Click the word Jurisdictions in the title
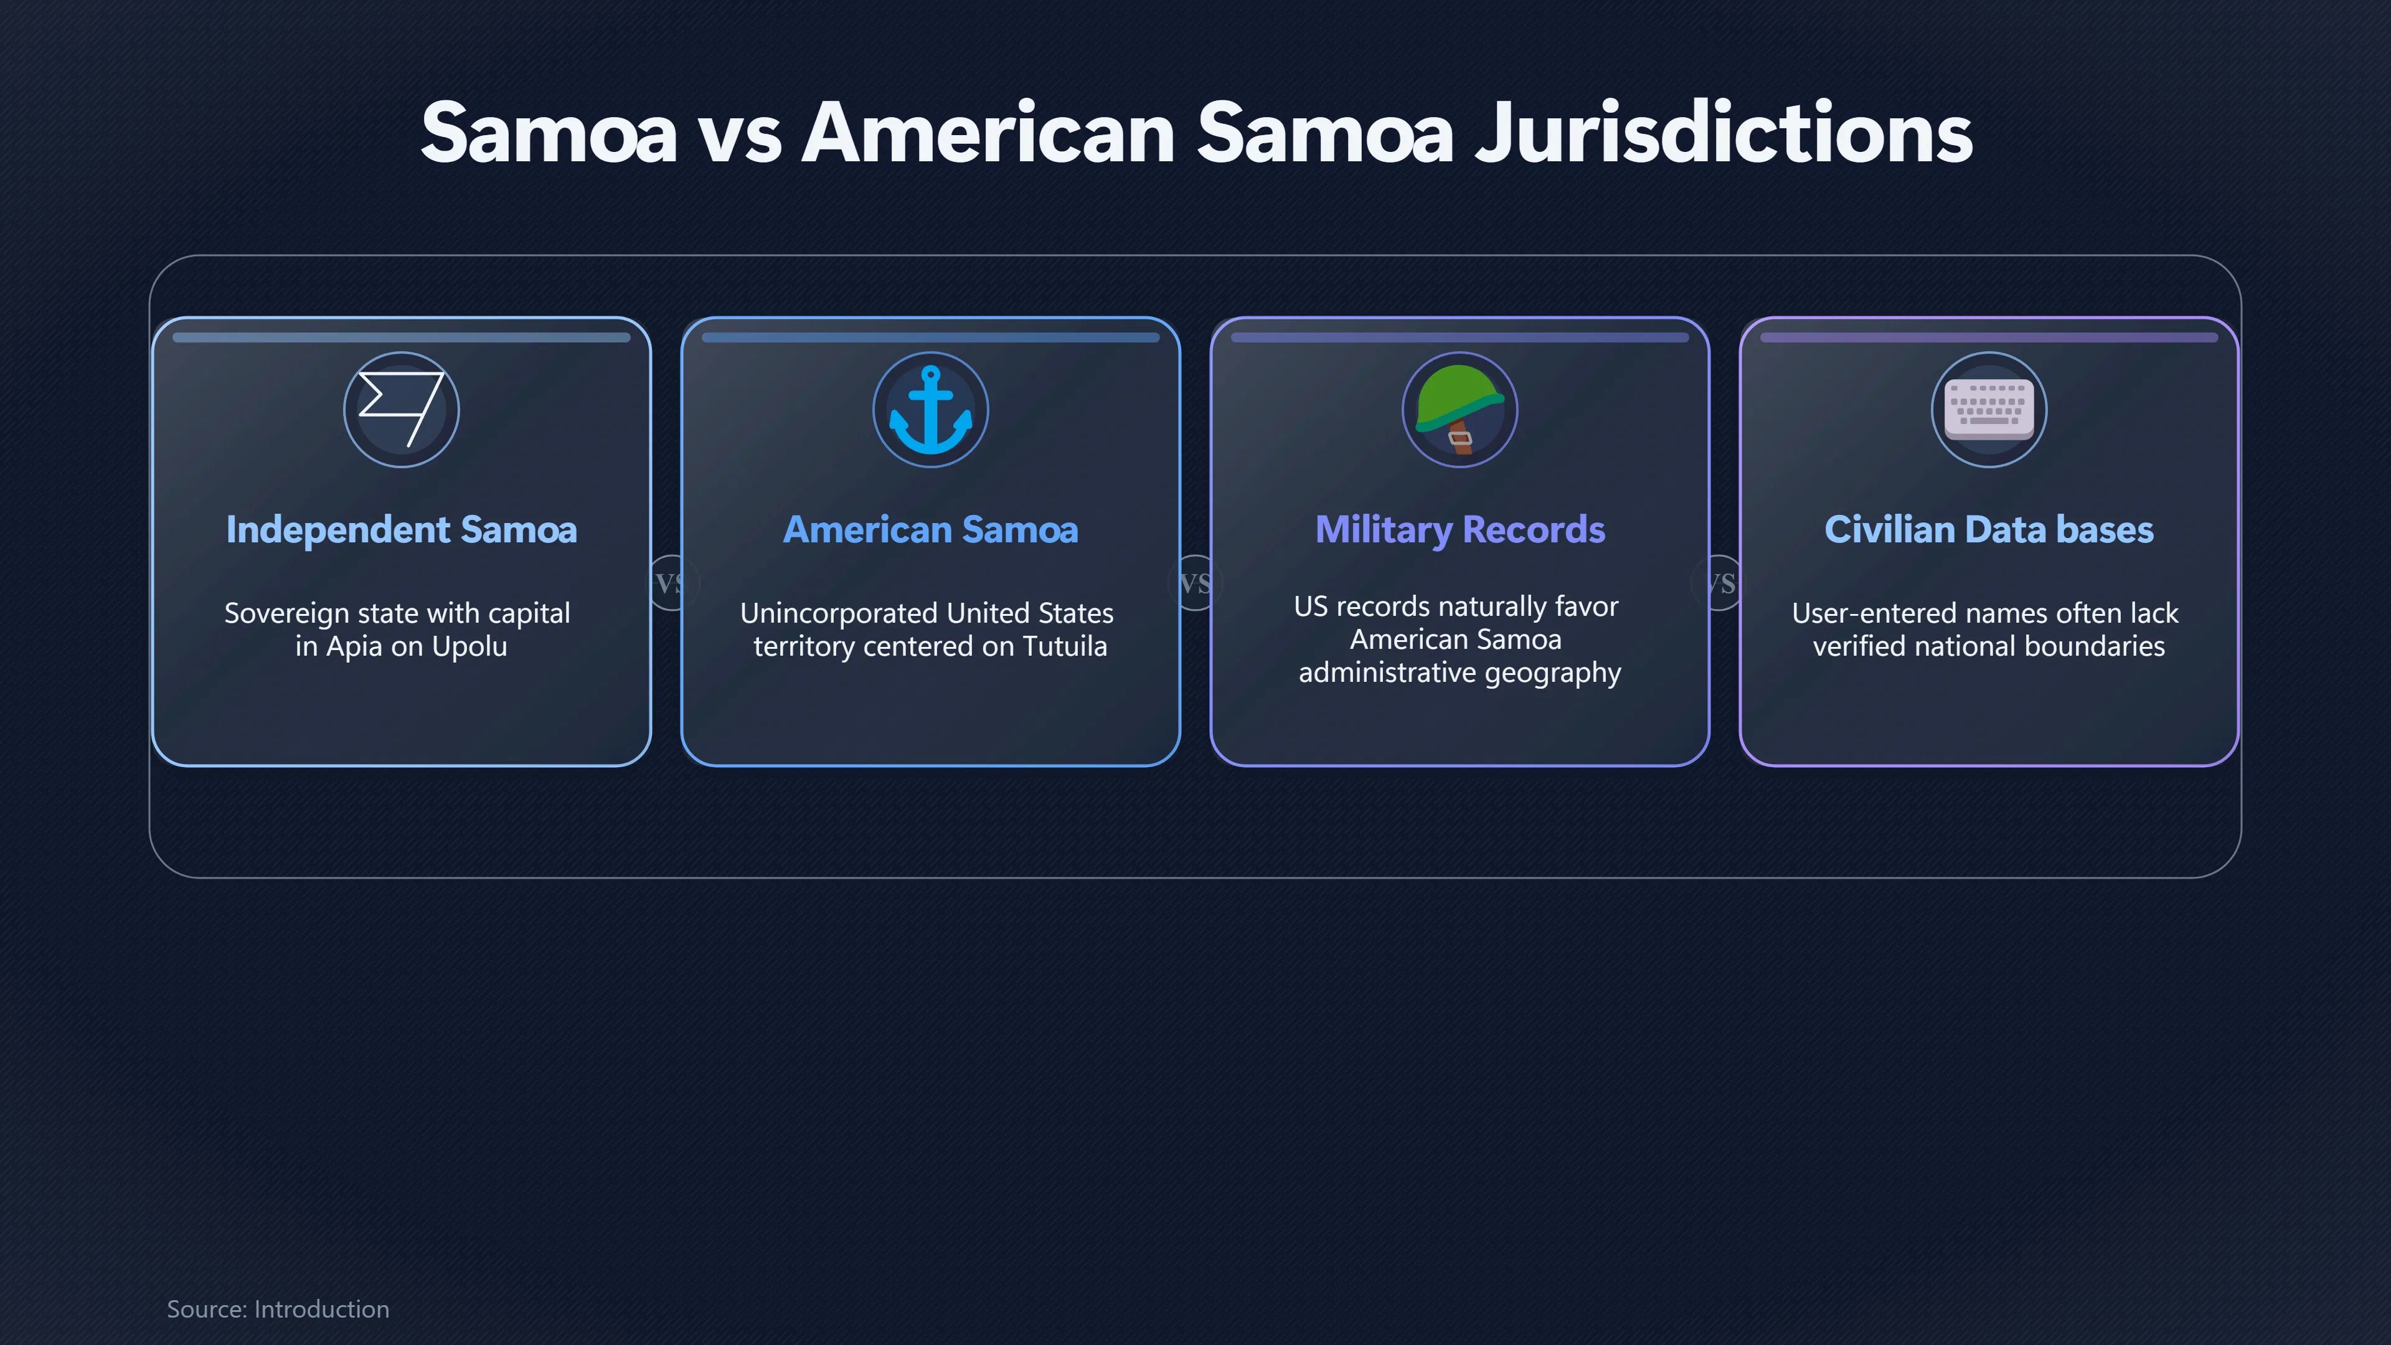pyautogui.click(x=1724, y=134)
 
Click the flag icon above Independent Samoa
pyautogui.click(x=401, y=408)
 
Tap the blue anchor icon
pyautogui.click(x=931, y=409)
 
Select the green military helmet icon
pyautogui.click(x=1459, y=409)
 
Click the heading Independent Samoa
pyautogui.click(x=401, y=529)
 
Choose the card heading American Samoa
pyautogui.click(x=931, y=529)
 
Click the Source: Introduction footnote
pyautogui.click(x=278, y=1309)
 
